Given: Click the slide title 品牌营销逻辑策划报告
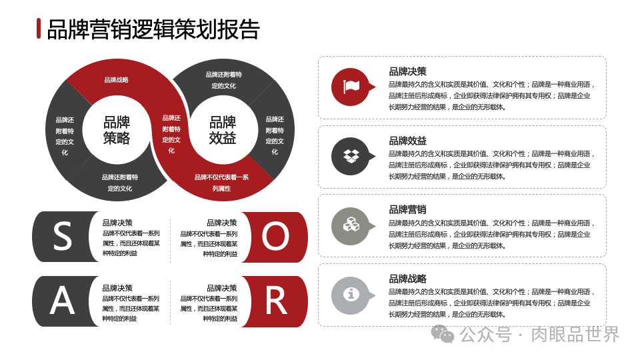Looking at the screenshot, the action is pos(153,29).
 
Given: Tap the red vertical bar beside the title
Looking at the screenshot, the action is pos(39,29).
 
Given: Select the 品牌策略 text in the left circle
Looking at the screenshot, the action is pos(117,130).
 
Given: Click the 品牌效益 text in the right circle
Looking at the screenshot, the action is pos(223,130).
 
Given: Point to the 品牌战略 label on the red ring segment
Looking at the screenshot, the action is pos(116,80).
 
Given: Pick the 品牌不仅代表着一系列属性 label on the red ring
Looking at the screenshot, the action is pos(221,183).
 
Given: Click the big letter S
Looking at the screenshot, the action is pos(62,237).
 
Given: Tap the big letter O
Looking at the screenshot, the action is pos(275,237).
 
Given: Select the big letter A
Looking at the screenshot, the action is pos(62,301).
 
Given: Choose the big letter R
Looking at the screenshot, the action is pos(275,301).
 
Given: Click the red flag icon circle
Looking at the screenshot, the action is pos(351,87).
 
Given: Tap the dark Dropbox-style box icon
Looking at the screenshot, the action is pos(351,156).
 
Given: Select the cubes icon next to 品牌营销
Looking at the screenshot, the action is pos(351,225).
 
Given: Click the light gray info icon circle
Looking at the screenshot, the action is pos(351,295).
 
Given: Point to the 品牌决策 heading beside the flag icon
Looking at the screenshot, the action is pos(407,71).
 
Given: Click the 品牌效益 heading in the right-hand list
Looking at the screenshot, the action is pos(407,141).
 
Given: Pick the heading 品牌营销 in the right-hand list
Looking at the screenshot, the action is pos(407,209).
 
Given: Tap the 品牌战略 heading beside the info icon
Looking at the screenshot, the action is pos(407,279).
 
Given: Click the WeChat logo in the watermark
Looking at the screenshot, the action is pos(443,333).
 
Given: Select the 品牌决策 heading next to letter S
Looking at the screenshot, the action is pos(117,223).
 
